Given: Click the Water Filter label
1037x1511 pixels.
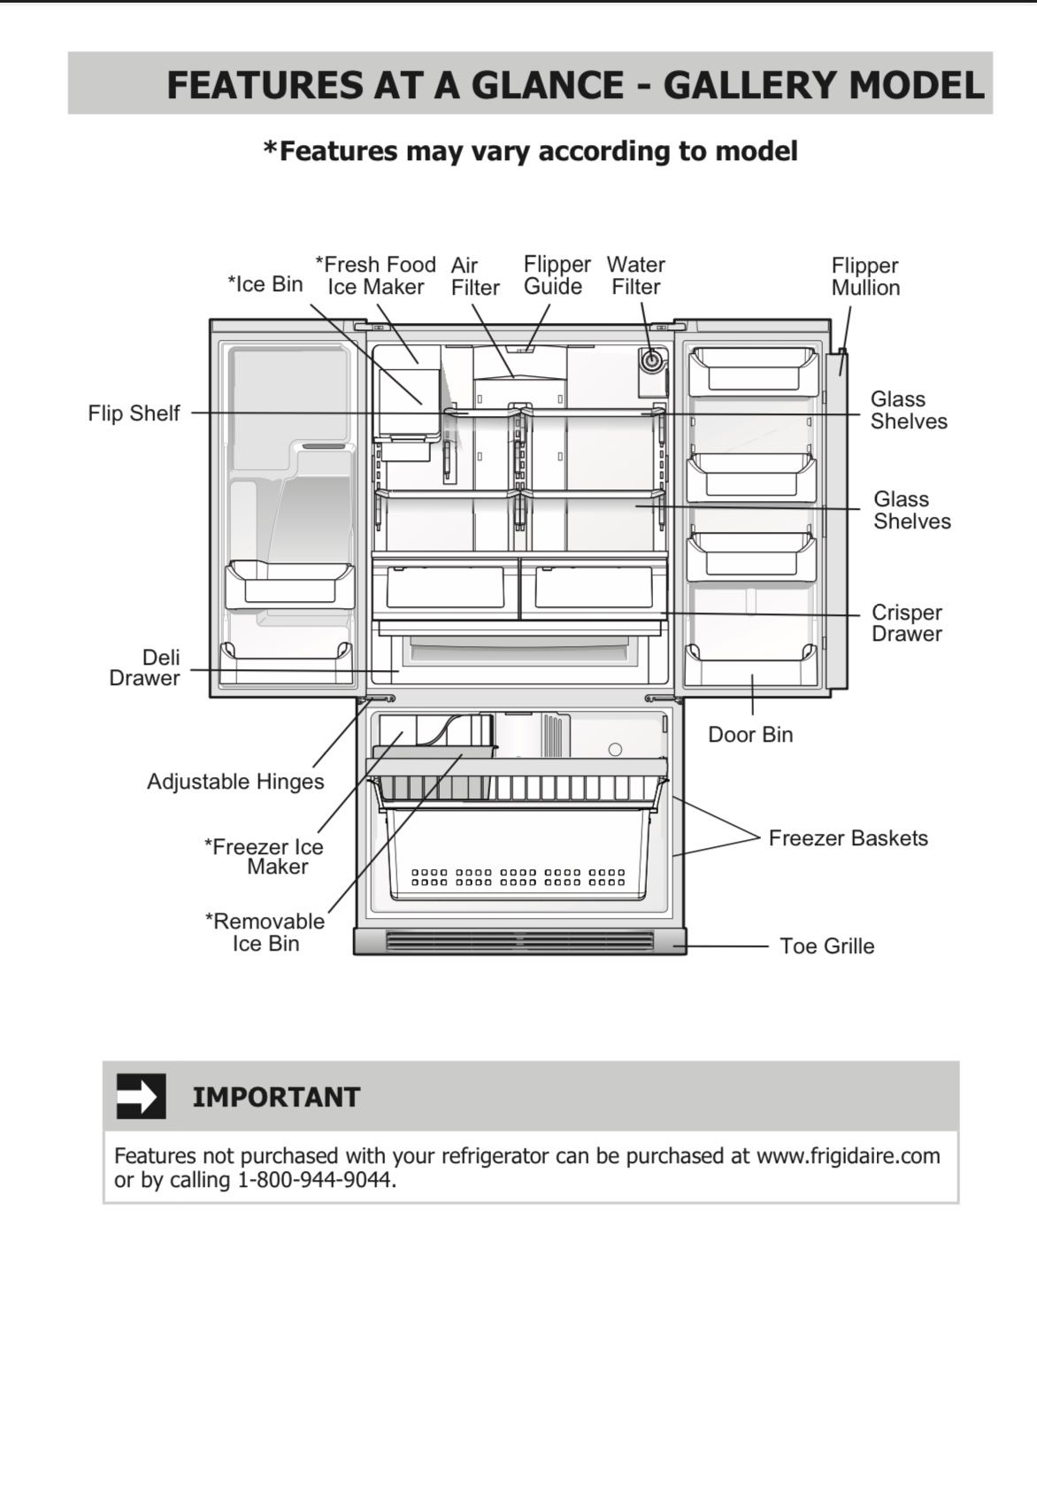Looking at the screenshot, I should (635, 275).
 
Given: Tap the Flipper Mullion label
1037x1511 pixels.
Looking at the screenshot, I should (864, 276).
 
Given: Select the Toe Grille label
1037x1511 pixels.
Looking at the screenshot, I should (826, 946).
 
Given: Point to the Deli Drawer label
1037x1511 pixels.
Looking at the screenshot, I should (144, 667).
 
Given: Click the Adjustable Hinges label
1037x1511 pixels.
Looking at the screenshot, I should (235, 782).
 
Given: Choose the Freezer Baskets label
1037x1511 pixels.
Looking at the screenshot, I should (848, 838).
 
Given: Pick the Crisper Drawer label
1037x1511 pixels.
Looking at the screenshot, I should (906, 623).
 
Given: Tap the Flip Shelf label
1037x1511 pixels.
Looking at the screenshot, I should (134, 413).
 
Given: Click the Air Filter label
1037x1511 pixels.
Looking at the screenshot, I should (474, 276).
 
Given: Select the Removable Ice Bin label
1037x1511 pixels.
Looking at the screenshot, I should (265, 932).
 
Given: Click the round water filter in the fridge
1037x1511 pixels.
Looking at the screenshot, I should (652, 359).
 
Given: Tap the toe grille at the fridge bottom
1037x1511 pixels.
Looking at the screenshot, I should (519, 941).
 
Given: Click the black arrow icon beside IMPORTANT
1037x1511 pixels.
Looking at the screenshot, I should (141, 1096).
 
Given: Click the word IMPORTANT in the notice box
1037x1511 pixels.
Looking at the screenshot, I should (276, 1097).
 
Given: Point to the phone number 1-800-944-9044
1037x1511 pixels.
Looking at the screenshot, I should (314, 1180).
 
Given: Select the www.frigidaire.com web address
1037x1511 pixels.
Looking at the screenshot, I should (848, 1156).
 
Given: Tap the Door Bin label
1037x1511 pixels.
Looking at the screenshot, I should (750, 735).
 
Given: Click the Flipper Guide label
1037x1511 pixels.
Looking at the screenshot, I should (557, 275).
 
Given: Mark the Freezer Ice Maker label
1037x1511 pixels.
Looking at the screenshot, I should (265, 856).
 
